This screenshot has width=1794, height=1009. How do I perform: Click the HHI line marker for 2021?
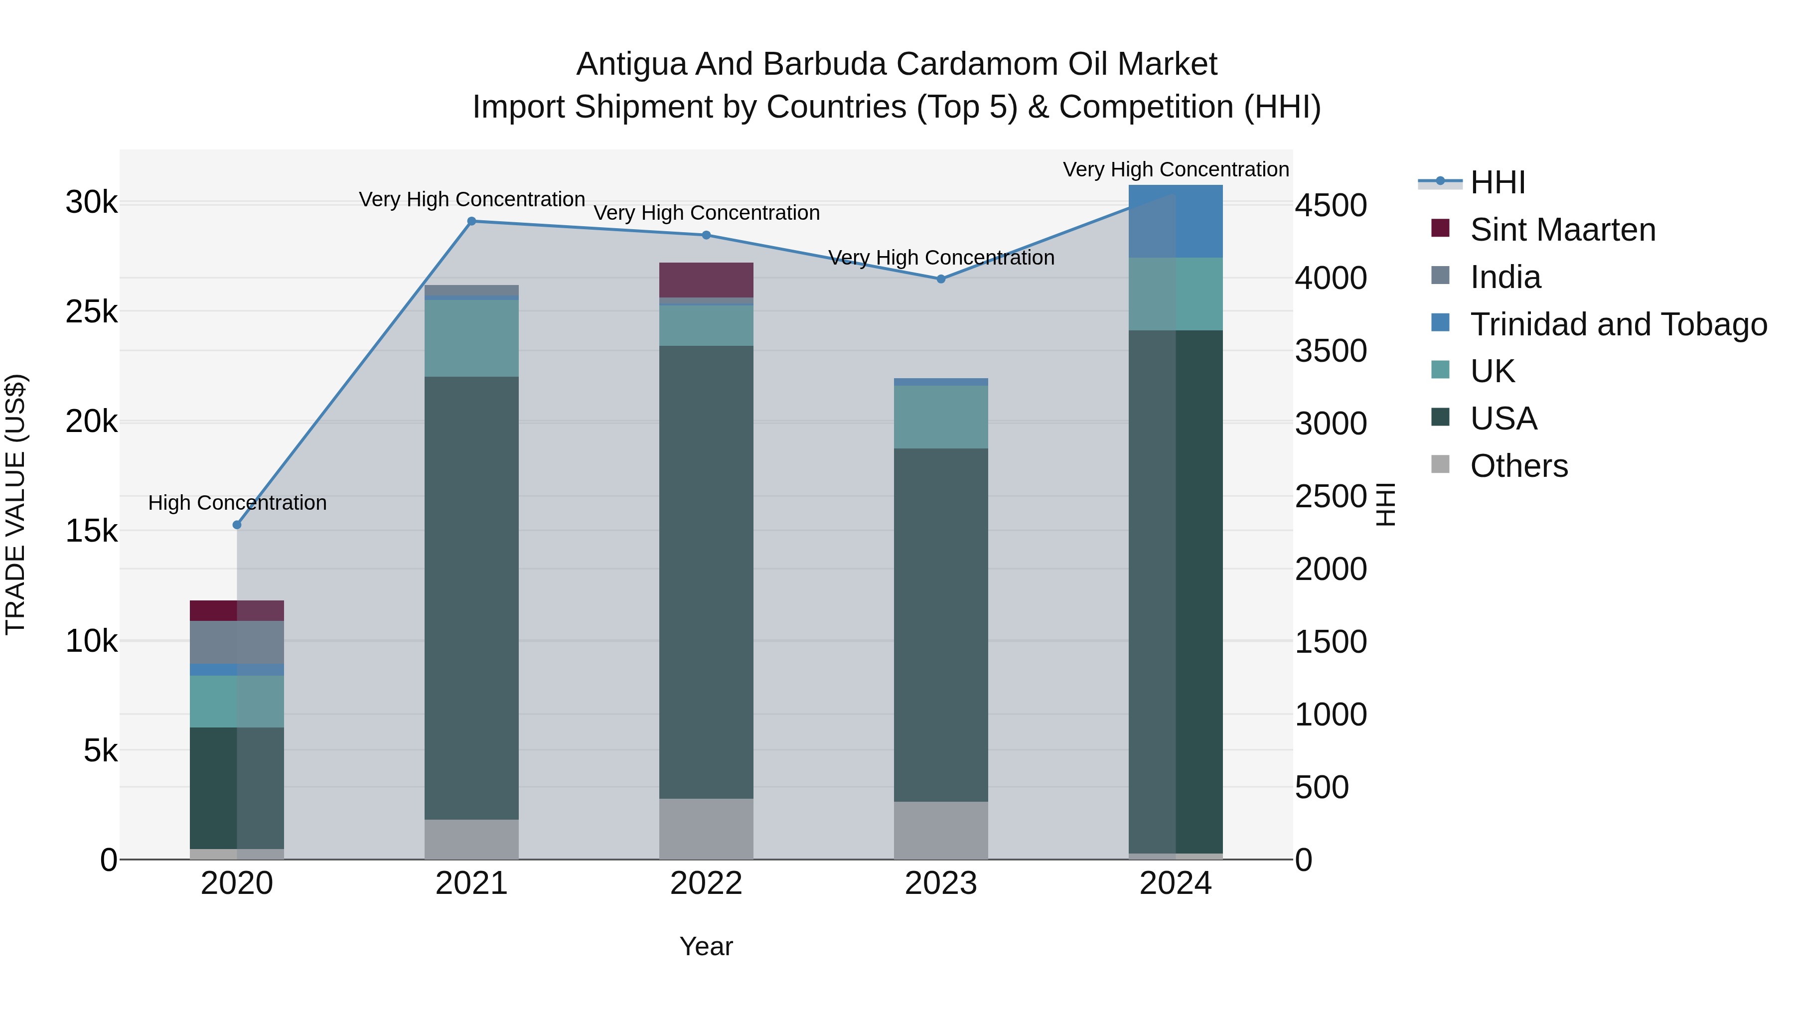(471, 221)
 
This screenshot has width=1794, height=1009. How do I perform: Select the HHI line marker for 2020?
(237, 524)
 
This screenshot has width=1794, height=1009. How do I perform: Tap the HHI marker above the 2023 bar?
(941, 279)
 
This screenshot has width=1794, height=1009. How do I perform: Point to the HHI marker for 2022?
(706, 235)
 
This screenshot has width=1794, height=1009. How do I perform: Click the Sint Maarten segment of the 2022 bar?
(706, 280)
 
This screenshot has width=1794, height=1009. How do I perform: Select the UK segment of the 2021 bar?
(471, 338)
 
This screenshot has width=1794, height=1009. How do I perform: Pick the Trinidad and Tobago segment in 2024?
(1176, 221)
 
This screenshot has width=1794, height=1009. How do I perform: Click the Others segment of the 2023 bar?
(941, 830)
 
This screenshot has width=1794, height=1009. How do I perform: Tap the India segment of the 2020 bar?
(237, 642)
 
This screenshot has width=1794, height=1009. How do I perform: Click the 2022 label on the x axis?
(706, 883)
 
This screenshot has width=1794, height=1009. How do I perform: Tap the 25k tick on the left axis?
(92, 312)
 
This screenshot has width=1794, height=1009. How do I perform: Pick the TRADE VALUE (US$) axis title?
(15, 504)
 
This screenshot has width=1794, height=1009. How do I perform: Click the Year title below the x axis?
(706, 946)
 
